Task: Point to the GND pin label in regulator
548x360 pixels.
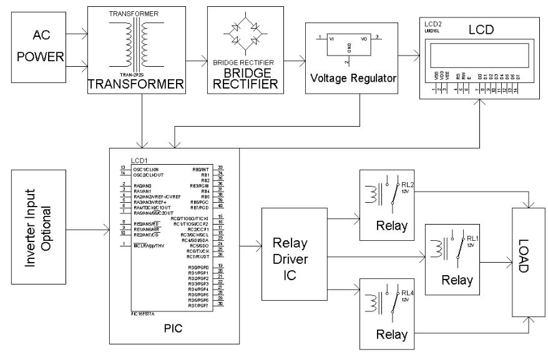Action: (x=349, y=48)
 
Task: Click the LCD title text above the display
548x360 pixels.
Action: (x=481, y=29)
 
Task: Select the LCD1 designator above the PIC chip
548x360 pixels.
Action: (x=140, y=160)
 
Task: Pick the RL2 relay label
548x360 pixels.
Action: (x=408, y=185)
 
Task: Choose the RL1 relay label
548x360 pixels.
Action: (x=472, y=238)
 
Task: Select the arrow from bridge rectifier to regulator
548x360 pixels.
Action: (x=292, y=60)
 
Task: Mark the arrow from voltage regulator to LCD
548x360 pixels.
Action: (x=408, y=56)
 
